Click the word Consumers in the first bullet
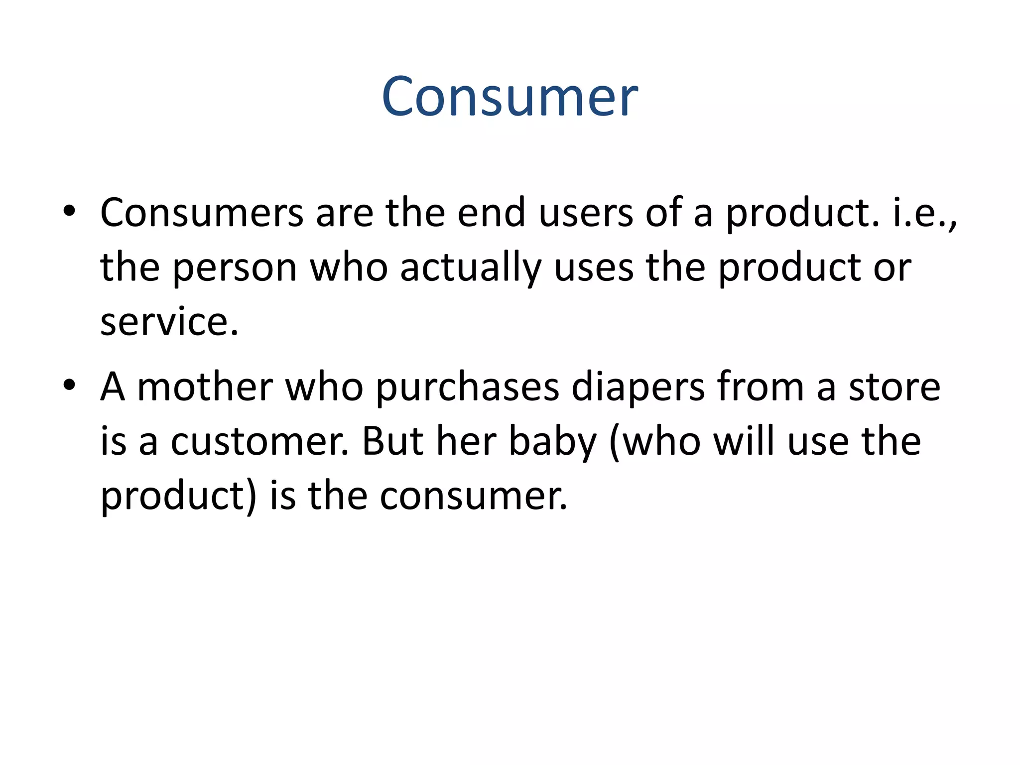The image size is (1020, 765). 202,213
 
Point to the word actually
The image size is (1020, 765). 471,268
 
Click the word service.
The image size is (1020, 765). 169,322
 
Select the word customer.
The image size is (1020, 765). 259,442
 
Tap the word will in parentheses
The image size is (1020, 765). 744,442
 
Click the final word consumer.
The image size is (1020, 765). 473,497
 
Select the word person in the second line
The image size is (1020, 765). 235,268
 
